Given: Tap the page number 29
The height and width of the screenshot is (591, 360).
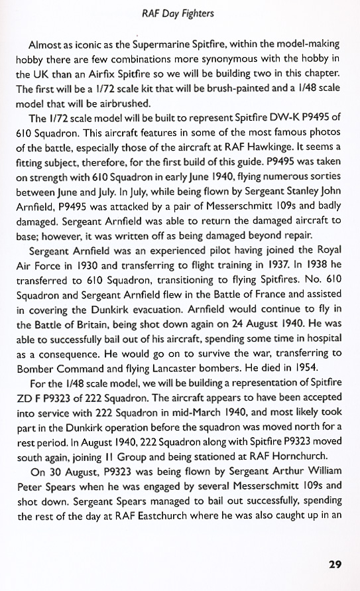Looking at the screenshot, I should [335, 565].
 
